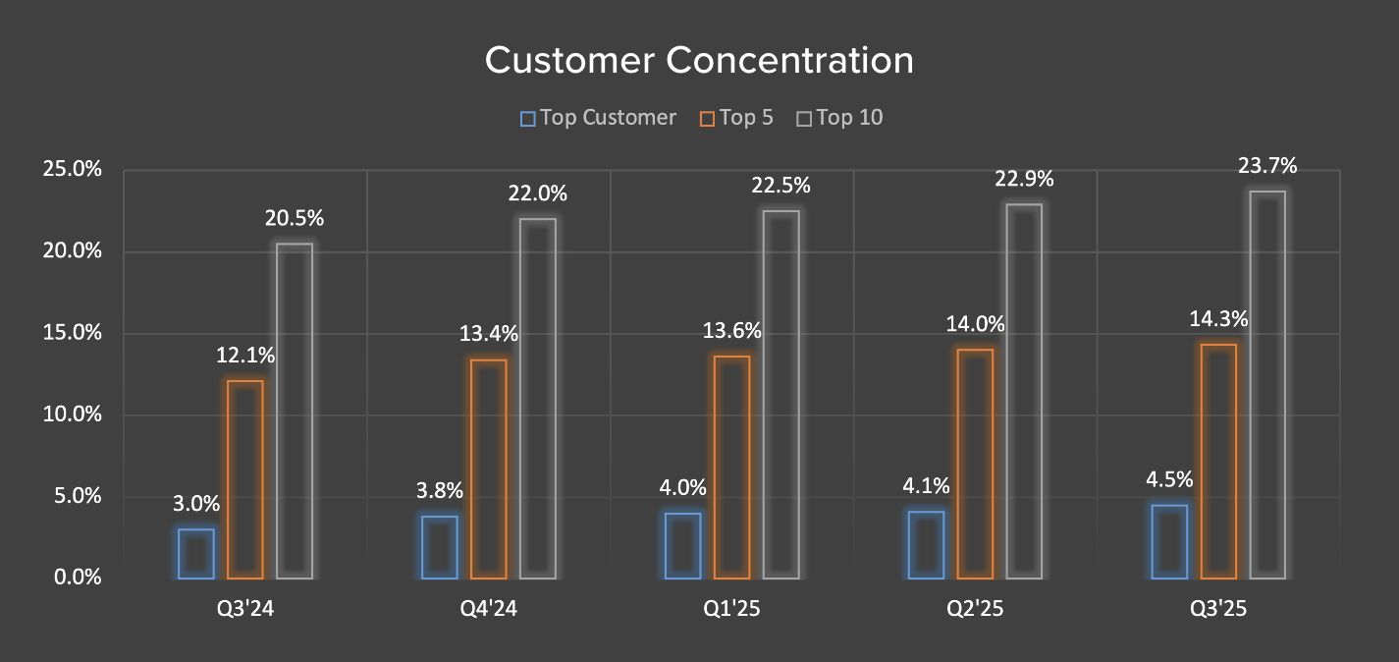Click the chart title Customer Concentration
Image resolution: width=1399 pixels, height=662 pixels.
pos(699,61)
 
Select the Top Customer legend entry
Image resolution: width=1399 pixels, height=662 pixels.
pos(598,118)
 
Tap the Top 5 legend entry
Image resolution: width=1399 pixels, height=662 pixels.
pos(736,118)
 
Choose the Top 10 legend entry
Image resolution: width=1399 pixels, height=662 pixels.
pos(839,118)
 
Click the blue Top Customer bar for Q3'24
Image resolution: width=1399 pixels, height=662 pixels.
pos(196,554)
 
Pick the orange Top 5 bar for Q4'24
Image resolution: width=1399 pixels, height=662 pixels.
pos(489,469)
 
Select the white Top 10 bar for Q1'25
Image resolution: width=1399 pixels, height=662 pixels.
pos(781,394)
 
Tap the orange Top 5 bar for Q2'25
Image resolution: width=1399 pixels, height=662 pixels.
pos(975,464)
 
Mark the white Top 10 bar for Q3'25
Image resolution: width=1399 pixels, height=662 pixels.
pos(1267,384)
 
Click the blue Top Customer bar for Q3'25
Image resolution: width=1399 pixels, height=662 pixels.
pos(1169,541)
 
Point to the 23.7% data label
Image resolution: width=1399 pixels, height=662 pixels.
pos(1267,166)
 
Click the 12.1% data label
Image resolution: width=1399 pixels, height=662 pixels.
pos(245,356)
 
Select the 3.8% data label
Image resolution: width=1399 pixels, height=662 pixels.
pos(440,491)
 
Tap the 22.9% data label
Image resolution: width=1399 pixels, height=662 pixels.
pos(1024,179)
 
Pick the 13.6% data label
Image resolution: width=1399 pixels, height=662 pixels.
pos(732,331)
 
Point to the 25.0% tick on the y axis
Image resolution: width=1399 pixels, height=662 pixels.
pos(73,169)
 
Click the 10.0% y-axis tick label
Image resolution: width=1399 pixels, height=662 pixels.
pos(73,414)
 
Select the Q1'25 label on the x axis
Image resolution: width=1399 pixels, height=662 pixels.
pos(732,609)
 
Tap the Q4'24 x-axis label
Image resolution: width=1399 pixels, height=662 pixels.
pos(489,609)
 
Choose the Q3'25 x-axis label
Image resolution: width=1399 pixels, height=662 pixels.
pos(1218,609)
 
